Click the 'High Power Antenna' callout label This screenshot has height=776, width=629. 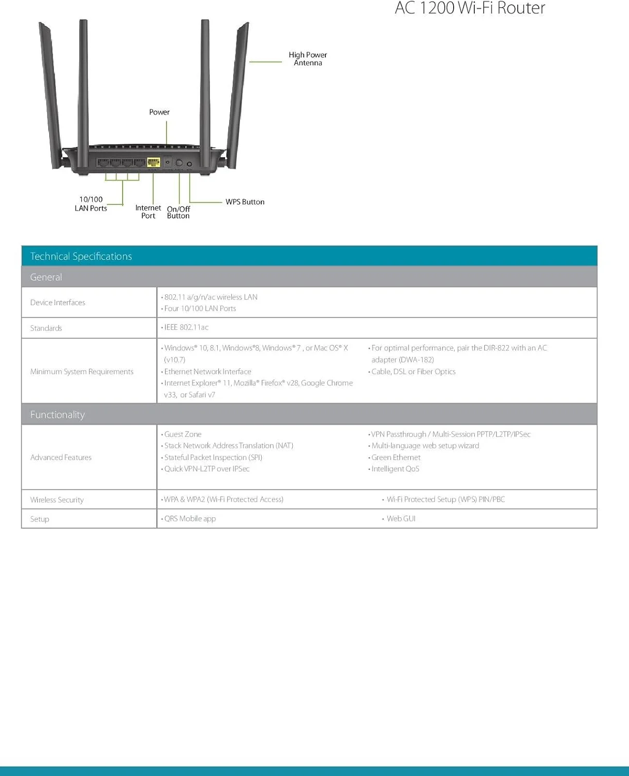(x=308, y=59)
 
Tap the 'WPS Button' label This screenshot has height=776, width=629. (x=245, y=202)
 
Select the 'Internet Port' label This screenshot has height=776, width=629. (x=148, y=212)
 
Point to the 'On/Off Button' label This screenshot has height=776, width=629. (x=178, y=212)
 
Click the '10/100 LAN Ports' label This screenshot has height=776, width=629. (x=91, y=204)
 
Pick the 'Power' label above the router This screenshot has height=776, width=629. (x=159, y=112)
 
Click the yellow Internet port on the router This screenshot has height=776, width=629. (x=154, y=162)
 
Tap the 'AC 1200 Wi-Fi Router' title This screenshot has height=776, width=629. (x=470, y=8)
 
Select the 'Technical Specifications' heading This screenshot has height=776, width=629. (x=81, y=256)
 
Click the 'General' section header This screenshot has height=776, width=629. (x=46, y=277)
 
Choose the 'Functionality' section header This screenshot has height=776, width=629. (x=57, y=415)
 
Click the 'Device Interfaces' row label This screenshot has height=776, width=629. (x=58, y=303)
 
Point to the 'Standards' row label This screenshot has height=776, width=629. (x=46, y=328)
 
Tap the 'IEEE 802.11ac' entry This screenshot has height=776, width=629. (x=186, y=327)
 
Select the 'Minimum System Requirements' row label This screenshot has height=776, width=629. (x=82, y=371)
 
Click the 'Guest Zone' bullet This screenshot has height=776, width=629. (x=183, y=435)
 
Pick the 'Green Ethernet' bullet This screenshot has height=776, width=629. (x=396, y=457)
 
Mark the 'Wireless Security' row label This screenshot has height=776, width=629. (x=57, y=500)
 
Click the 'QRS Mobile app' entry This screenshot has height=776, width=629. (x=190, y=519)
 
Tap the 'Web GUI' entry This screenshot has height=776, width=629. (x=401, y=519)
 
